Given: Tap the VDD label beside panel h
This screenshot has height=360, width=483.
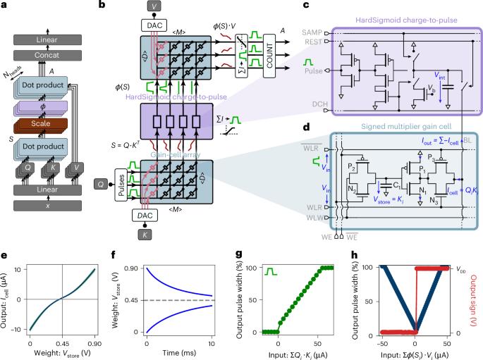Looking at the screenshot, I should click(459, 268).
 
